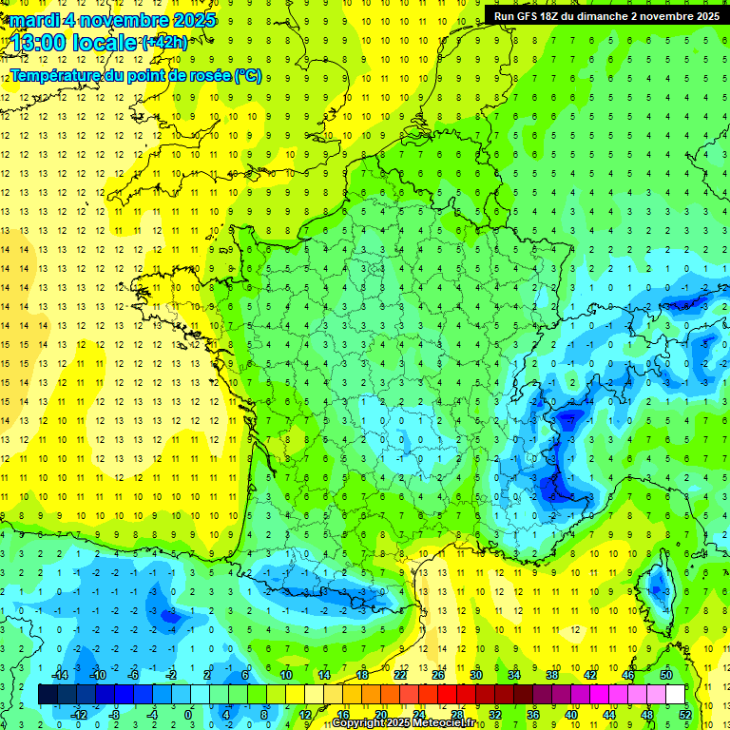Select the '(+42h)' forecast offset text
tap(164, 43)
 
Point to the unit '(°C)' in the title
tap(247, 75)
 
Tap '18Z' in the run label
tap(555, 16)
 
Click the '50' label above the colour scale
tap(665, 675)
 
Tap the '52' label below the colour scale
tap(684, 714)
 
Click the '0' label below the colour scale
tap(188, 714)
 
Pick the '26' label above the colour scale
tap(437, 675)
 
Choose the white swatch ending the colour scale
tap(675, 695)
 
